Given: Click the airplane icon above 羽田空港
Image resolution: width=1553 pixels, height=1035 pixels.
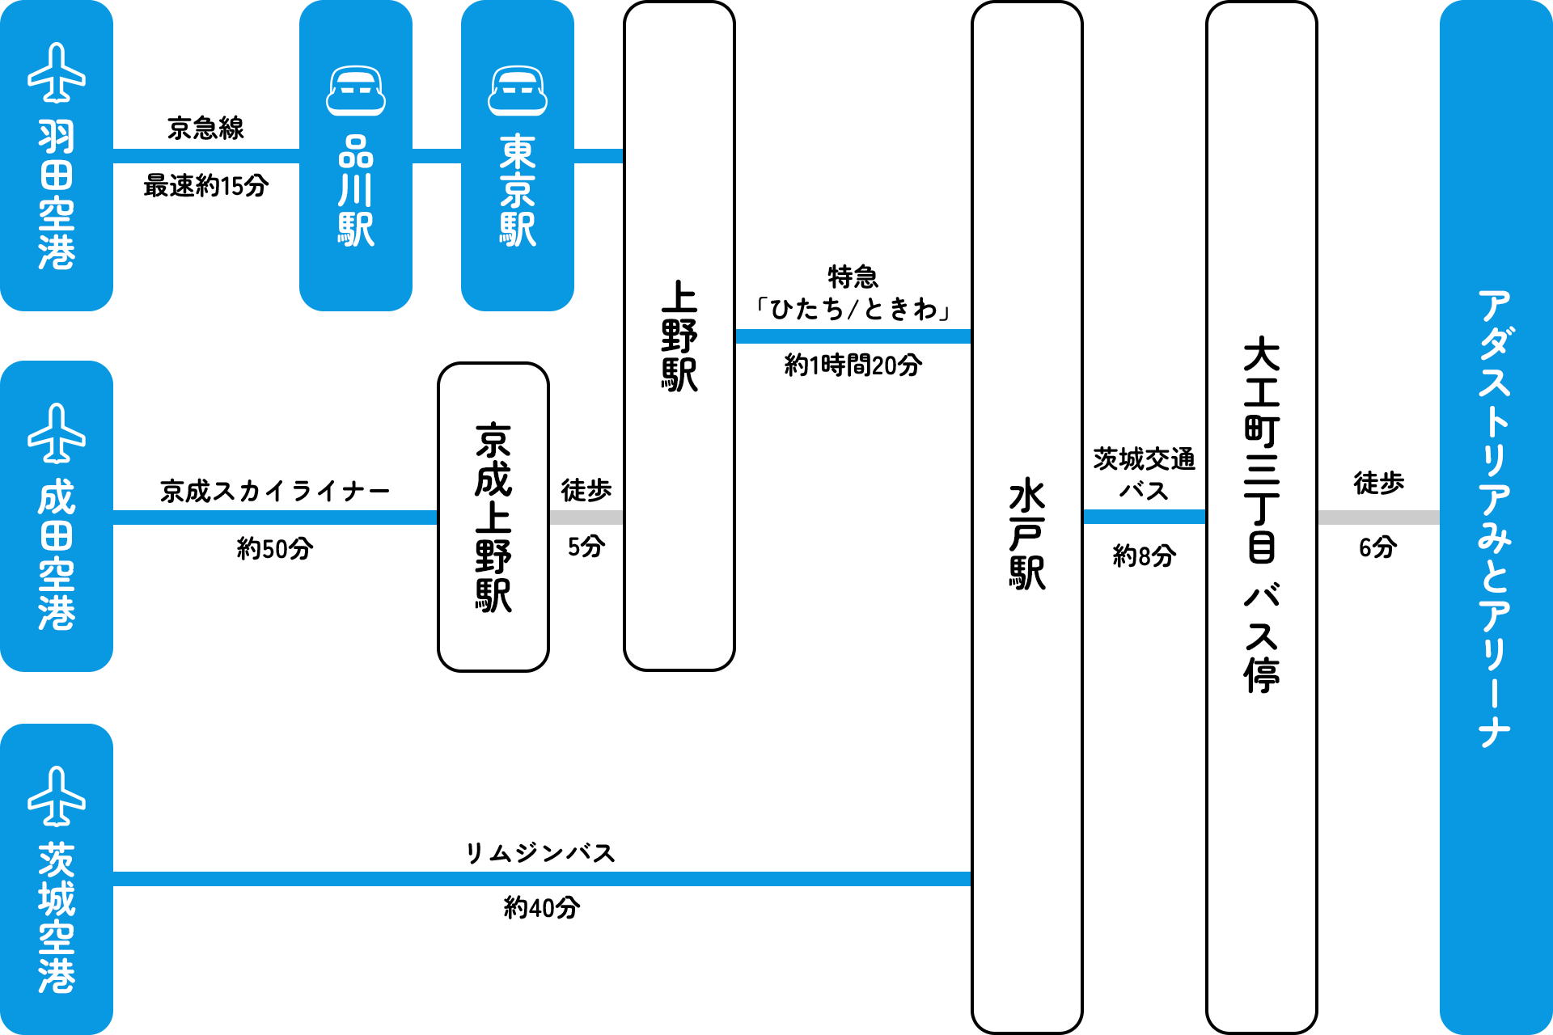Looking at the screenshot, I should point(57,73).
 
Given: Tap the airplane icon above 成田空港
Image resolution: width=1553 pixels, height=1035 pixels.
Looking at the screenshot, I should point(57,433).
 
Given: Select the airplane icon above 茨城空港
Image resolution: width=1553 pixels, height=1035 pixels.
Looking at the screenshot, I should point(57,796).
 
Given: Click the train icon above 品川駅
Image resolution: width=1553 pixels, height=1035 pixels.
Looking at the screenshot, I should point(356,91).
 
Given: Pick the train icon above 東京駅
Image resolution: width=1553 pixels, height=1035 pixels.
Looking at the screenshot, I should point(518,91).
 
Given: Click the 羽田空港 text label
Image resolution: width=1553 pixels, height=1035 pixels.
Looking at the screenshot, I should point(57,194).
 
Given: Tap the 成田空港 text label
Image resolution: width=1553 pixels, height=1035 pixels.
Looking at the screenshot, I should point(57,555).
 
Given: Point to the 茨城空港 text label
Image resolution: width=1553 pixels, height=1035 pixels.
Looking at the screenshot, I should point(57,918).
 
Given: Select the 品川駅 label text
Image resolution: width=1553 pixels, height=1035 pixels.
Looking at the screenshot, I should point(356,191).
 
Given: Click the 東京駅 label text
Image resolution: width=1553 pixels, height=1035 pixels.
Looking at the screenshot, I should point(518,191).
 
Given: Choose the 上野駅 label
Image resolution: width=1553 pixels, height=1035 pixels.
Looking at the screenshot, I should point(679,336).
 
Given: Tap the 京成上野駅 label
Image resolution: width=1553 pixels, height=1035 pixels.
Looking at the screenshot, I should point(493,517).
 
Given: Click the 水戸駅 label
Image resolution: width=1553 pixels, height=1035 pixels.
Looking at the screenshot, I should point(1027,534).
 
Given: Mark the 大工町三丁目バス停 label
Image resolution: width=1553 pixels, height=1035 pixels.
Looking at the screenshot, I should point(1262,514).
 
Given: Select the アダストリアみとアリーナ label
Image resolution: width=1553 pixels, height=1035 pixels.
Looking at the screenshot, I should point(1495,517).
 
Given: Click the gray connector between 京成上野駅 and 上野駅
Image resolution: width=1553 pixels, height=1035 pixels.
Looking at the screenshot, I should point(586,517).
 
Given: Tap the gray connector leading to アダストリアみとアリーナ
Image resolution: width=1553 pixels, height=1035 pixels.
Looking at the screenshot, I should point(1378,517).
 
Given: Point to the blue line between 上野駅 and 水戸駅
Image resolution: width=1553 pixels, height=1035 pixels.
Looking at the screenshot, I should point(853,336).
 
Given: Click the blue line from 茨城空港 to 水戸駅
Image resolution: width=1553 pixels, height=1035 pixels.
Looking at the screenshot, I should point(542,879).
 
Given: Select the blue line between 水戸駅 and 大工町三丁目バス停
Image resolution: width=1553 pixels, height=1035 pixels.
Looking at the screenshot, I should point(1144,517).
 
